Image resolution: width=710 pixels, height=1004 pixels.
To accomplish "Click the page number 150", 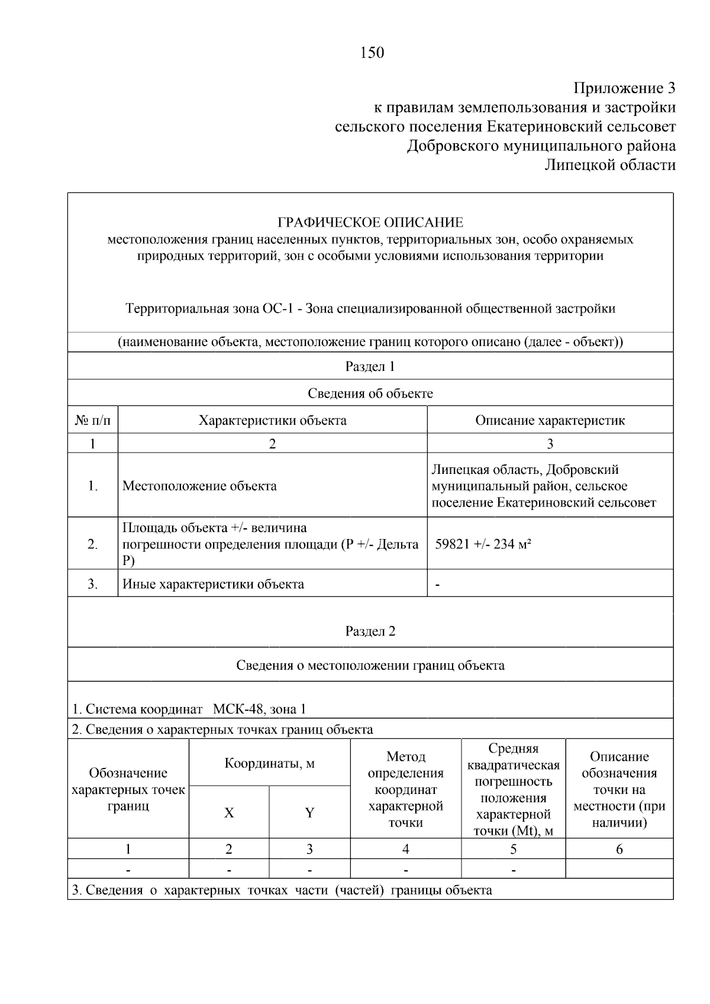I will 372,53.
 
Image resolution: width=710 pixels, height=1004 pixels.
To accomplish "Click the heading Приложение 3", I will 624,88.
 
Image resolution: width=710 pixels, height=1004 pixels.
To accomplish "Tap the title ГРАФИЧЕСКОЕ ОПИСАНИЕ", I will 370,222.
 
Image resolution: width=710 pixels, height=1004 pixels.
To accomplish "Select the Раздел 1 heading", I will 370,366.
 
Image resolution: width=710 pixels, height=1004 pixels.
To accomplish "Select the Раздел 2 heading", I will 370,631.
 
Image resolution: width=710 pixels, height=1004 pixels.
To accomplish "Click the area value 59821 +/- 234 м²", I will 483,544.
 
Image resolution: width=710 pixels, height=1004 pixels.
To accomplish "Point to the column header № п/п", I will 92,421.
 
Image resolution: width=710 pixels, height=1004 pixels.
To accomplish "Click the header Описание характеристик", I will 550,421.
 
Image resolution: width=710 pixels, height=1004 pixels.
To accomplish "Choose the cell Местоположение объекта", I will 199,486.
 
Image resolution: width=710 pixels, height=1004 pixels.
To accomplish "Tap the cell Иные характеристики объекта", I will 213,585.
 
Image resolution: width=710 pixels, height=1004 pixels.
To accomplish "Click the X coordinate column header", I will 229,813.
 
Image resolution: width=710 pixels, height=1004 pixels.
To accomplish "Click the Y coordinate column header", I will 309,813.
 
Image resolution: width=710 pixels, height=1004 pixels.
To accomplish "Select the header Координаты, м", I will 269,763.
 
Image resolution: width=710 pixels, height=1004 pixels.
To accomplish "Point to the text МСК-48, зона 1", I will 259,709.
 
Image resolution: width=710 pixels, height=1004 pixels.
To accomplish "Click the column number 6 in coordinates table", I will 619,850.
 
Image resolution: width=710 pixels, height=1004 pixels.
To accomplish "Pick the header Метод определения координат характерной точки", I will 405,789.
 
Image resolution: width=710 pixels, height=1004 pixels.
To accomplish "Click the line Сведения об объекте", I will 370,393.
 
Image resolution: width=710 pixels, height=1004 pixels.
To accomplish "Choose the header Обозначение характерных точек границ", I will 128,789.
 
